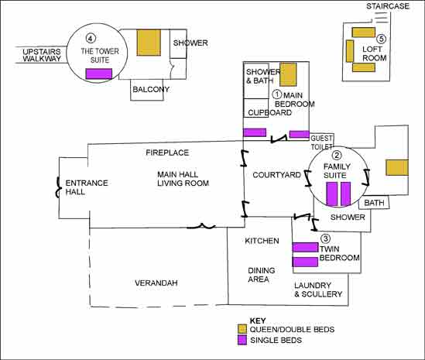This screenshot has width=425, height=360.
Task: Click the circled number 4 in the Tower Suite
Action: (x=91, y=39)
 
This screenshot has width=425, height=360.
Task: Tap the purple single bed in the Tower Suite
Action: (x=99, y=74)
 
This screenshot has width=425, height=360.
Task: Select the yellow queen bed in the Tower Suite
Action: (x=149, y=43)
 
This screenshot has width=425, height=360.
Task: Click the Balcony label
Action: (x=151, y=89)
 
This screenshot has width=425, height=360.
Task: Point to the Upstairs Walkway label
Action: (x=42, y=55)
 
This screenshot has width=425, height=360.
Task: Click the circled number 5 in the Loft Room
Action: (x=382, y=39)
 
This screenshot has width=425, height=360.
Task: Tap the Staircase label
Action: (x=388, y=6)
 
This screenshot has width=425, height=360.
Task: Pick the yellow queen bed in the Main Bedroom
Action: (x=288, y=74)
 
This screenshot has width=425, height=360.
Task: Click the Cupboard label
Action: (x=269, y=112)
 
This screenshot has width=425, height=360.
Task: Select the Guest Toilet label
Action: (x=321, y=142)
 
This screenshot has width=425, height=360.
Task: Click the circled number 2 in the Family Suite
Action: (x=337, y=156)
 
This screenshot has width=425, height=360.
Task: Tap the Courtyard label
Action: (x=276, y=175)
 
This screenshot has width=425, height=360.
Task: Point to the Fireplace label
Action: (x=167, y=153)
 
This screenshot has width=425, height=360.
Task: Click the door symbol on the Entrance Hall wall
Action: (x=58, y=187)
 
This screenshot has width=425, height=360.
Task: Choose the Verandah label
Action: (x=156, y=283)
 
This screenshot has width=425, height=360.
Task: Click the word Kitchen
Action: (x=262, y=241)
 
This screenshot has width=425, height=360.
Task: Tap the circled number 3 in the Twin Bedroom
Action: (x=326, y=238)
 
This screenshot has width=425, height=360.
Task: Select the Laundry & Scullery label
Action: (x=318, y=290)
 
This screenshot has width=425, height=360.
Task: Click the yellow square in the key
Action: (x=242, y=329)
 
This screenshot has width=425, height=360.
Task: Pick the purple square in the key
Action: (x=242, y=340)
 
